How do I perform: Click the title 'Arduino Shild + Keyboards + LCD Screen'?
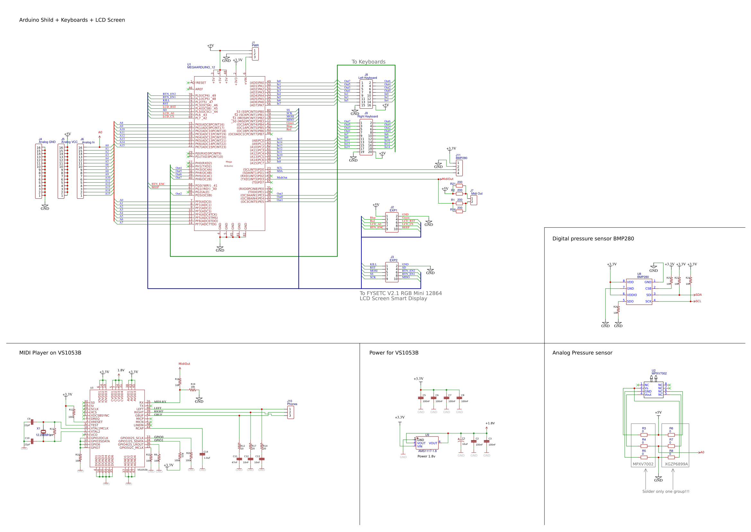point(72,20)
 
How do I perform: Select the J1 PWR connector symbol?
point(255,54)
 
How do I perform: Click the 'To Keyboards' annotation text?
point(368,62)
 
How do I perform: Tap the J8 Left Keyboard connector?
point(366,94)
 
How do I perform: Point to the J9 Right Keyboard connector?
point(366,137)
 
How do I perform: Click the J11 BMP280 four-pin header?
point(459,168)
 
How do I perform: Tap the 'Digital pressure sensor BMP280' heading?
point(593,239)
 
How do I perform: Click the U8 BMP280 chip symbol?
point(639,291)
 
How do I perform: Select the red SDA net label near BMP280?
point(698,294)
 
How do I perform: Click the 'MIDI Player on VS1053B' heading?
point(50,353)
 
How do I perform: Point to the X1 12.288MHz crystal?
point(43,432)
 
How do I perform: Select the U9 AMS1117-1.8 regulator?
point(427,443)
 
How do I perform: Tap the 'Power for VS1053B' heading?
point(394,353)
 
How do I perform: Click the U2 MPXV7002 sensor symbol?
point(653,390)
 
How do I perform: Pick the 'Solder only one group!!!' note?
point(666,491)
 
